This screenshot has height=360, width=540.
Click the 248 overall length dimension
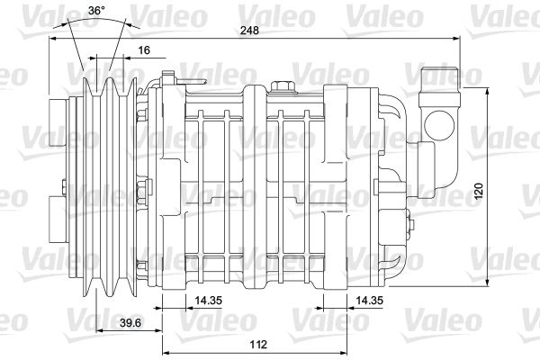click(249, 31)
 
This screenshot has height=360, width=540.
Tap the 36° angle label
click(97, 10)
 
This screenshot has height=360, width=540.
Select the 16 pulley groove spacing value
click(144, 50)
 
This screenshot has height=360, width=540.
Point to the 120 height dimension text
click(479, 191)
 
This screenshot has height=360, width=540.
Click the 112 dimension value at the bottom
click(258, 344)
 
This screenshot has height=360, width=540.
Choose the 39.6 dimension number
click(130, 323)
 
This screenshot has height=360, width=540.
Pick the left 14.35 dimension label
click(209, 301)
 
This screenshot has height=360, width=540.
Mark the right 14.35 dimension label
click(369, 301)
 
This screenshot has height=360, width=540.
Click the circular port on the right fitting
click(439, 125)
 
